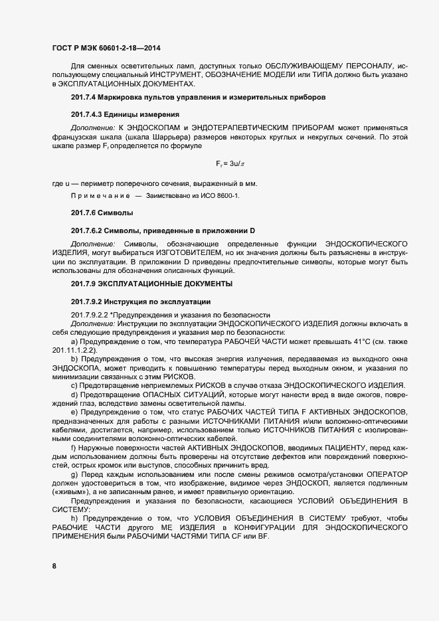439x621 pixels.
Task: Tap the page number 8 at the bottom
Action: point(54,566)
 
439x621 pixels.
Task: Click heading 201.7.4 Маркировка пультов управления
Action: point(198,98)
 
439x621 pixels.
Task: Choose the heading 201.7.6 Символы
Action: point(102,213)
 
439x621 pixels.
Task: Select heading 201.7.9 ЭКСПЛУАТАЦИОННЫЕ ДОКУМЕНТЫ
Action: point(151,284)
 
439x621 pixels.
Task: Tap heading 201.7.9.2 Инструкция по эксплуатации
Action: point(141,301)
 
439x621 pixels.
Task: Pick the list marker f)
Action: point(74,448)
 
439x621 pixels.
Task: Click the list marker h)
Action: point(74,517)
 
